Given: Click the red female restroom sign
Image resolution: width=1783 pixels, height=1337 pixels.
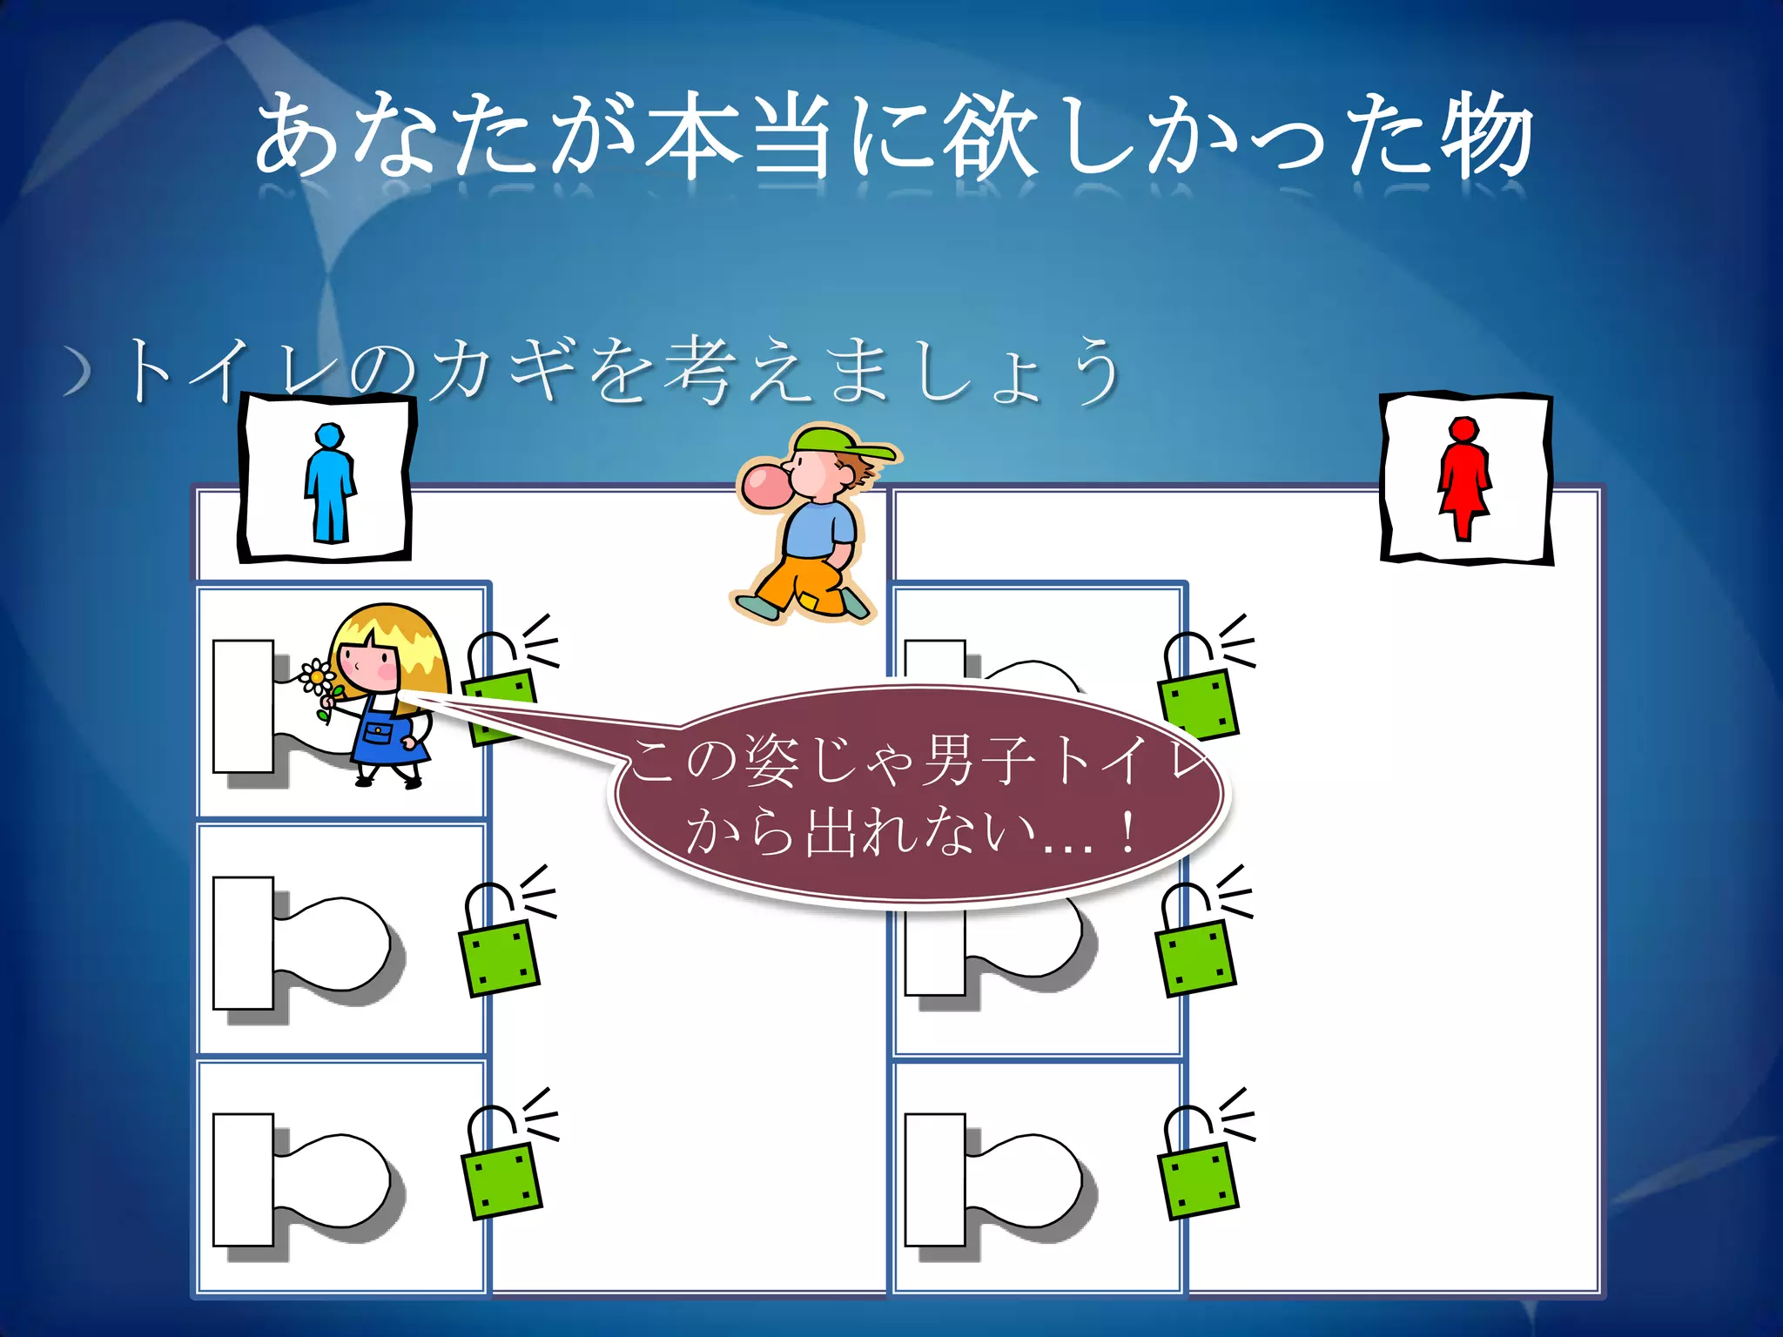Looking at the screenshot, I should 1464,478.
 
